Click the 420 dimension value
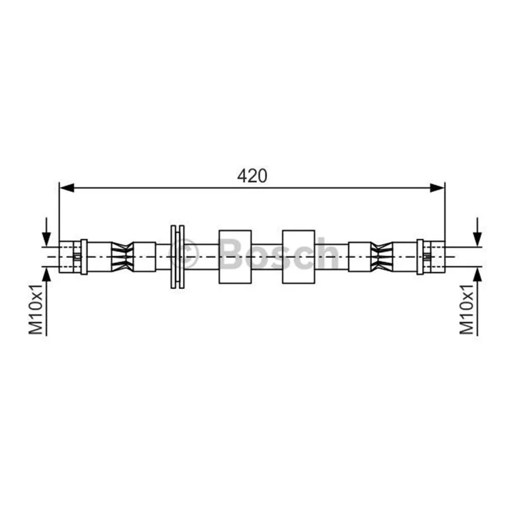coord(252,176)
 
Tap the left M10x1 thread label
coord(36,309)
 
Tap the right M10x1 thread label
coord(466,309)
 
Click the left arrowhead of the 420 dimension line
coord(67,188)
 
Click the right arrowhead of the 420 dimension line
coord(437,188)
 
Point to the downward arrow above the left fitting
coord(46,232)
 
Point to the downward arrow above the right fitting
coord(477,232)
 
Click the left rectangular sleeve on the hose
coord(235,257)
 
